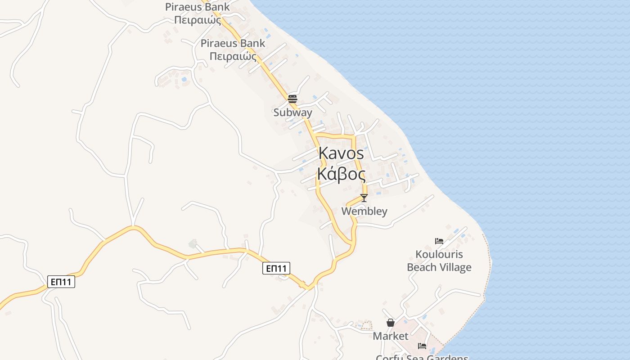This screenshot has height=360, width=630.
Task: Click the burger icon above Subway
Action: coord(292,99)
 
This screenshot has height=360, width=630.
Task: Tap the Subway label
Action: coord(292,112)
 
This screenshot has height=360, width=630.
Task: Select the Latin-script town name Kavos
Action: coord(341,153)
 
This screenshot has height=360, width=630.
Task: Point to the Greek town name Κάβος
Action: coord(341,174)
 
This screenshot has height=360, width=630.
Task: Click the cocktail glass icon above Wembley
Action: coord(364,198)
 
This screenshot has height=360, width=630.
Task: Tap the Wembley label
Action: coord(364,211)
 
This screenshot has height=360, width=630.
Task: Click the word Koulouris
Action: coord(439,255)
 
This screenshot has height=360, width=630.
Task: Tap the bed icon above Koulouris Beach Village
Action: coord(439,241)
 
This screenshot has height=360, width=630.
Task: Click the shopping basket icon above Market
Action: coord(391,323)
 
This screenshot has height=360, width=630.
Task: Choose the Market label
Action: coord(391,336)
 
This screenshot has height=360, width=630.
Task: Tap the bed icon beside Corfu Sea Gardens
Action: coord(422,346)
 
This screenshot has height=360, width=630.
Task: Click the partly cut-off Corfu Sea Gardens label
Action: coord(422,358)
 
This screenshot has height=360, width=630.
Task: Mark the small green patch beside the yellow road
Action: coord(193,244)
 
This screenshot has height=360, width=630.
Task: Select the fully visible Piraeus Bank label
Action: coord(233,49)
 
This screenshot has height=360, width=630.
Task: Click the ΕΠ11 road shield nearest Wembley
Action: coord(276,269)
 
